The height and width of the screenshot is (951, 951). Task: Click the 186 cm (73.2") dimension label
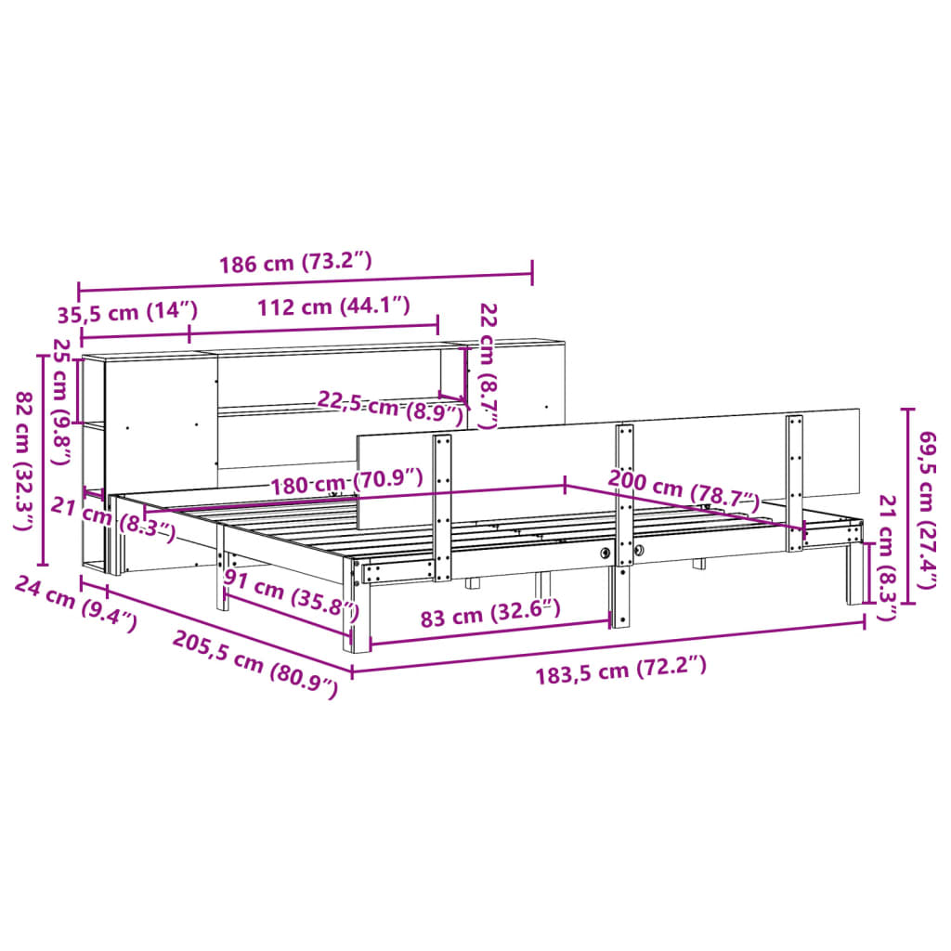click(x=295, y=263)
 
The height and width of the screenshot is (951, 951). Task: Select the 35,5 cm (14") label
click(x=128, y=311)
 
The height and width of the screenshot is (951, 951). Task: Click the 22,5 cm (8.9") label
click(x=390, y=407)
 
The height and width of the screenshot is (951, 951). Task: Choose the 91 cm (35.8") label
click(x=291, y=598)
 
